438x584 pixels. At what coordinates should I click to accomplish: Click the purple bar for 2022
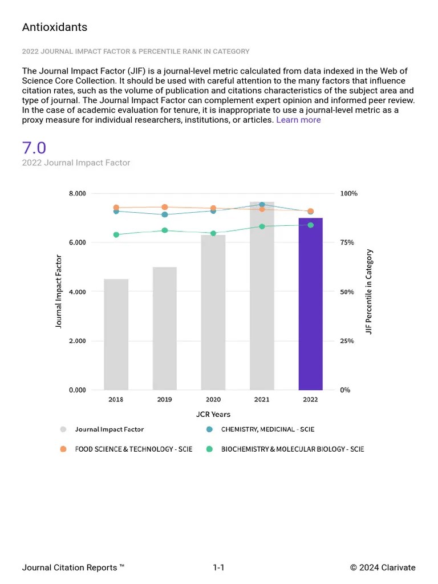310,305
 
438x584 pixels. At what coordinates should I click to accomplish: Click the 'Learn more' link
298,120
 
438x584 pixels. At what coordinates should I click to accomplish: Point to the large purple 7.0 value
34,148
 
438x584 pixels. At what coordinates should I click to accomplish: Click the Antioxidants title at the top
55,27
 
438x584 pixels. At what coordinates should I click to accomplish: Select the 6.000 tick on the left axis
77,242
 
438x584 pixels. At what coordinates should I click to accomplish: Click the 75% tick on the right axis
347,242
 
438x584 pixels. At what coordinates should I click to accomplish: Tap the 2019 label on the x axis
164,399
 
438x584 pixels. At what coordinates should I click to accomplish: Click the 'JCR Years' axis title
213,414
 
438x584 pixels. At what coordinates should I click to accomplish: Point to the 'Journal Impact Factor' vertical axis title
59,291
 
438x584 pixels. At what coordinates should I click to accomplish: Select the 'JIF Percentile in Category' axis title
369,291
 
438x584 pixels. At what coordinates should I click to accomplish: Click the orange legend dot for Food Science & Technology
64,449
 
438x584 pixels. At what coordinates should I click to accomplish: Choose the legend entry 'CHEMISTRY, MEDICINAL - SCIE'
267,429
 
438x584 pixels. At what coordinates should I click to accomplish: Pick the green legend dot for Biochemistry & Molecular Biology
209,449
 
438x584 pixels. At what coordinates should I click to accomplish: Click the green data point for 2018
116,234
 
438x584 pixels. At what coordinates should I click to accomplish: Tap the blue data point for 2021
262,204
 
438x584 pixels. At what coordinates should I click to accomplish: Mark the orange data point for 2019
164,207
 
